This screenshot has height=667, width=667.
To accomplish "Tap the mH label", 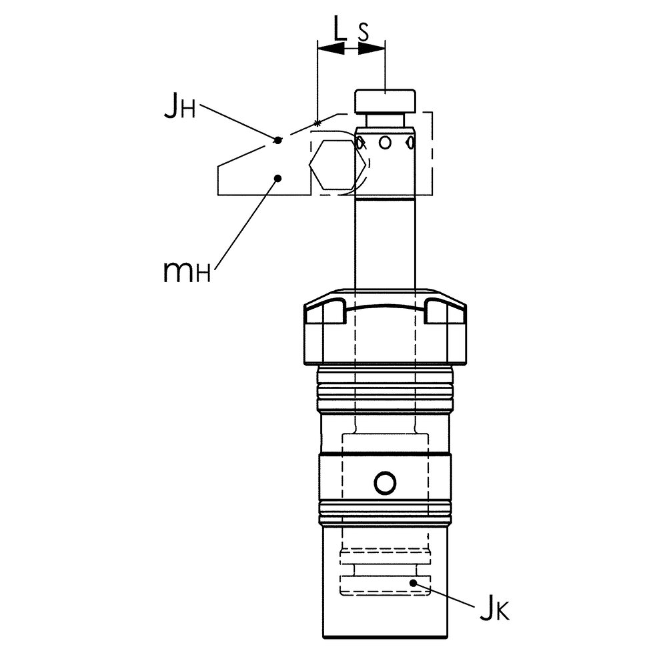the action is tap(187, 271).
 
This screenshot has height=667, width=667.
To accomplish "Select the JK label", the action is tap(494, 611).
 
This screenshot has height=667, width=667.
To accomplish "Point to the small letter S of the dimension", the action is tap(364, 32).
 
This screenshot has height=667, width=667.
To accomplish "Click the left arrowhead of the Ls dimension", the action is tap(331, 49).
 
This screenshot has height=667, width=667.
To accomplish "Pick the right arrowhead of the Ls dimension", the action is tap(372, 49).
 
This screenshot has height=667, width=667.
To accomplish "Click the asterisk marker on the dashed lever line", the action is tap(317, 123).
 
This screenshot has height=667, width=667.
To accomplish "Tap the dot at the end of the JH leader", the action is tap(277, 139).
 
